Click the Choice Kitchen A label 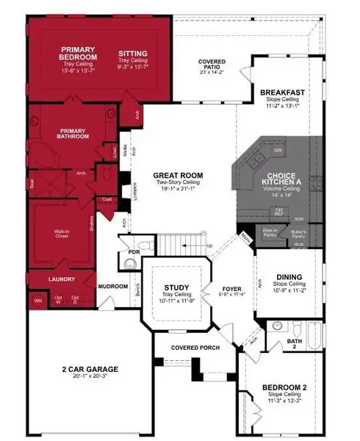pos(276,180)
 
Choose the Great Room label pos(178,176)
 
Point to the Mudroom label pos(114,286)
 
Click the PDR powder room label pos(134,252)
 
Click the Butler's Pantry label pos(298,232)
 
